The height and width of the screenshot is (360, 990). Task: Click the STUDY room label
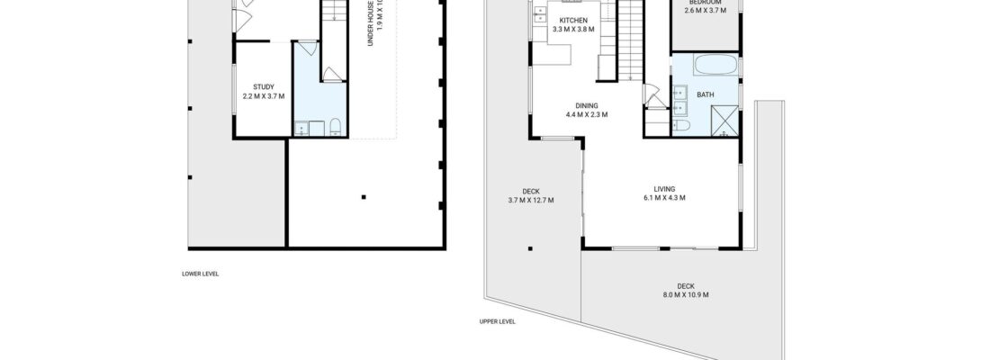264,87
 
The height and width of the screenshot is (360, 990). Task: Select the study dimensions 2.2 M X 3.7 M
264,96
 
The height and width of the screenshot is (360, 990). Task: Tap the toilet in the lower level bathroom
333,126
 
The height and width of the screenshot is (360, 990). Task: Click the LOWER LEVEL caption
200,274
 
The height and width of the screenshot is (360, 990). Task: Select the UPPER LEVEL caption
497,320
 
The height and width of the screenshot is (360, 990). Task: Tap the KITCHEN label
573,20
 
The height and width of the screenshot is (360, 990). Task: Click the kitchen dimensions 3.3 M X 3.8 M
573,29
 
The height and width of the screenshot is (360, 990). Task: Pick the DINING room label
587,105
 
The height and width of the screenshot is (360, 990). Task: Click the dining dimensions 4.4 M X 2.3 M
587,114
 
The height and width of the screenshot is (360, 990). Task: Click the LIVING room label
664,188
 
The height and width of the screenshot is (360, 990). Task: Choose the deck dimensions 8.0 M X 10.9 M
686,294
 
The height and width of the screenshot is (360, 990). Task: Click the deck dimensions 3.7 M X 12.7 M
531,200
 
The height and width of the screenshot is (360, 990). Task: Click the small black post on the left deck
530,248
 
